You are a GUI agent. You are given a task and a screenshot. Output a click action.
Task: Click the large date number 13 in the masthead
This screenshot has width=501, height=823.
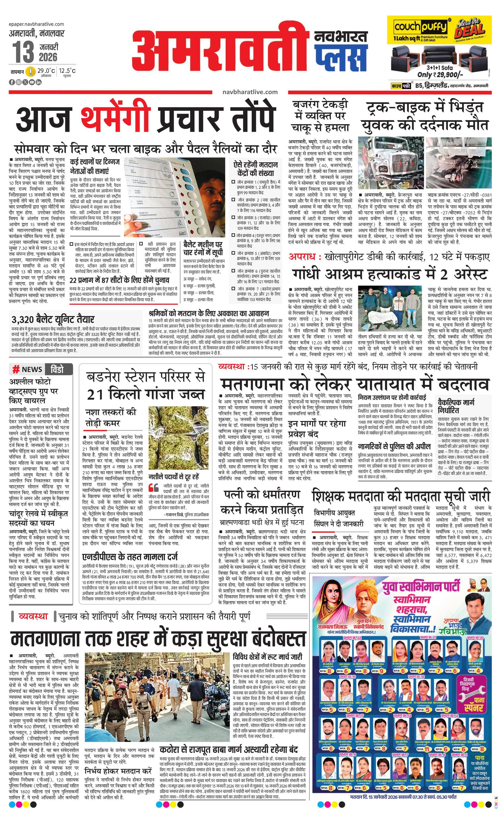click(x=23, y=52)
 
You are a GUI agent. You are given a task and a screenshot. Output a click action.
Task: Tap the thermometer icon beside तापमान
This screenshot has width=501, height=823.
click(x=31, y=72)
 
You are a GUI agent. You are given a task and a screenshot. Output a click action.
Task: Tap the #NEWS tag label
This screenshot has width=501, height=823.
click(x=27, y=369)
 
